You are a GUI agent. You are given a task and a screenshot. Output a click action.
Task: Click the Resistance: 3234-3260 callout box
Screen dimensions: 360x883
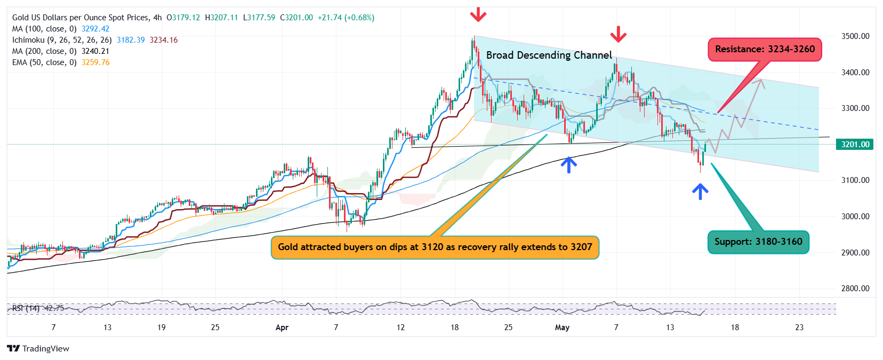[765, 49]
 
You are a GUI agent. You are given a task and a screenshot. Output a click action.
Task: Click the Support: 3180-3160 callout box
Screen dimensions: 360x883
[758, 242]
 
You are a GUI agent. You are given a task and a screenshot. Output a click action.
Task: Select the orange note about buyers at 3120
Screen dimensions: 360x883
[435, 247]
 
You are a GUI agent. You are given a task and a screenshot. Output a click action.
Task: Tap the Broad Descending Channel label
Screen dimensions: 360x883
[549, 55]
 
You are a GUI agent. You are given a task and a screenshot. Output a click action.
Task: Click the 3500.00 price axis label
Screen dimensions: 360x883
[855, 36]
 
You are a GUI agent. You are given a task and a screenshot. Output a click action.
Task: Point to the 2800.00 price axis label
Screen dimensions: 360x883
[855, 289]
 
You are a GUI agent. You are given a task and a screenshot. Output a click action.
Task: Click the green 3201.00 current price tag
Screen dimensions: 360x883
[855, 145]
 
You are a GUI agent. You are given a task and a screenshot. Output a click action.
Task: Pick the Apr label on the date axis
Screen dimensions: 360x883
[282, 327]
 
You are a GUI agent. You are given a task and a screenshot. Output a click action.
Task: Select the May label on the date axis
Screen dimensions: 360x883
[562, 327]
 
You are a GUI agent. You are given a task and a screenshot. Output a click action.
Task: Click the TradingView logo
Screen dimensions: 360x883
[38, 348]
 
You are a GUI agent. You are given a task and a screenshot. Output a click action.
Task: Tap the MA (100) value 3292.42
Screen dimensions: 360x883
[95, 29]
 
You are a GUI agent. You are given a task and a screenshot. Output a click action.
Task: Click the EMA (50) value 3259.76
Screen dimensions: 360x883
[95, 62]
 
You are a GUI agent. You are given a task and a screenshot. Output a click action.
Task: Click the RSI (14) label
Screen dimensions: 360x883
[26, 308]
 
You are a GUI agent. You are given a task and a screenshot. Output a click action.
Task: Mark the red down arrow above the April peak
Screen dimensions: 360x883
[478, 14]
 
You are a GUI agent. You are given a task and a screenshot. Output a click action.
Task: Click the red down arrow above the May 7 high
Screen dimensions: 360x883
[618, 34]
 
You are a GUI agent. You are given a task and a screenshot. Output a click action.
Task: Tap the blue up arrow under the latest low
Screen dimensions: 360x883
[700, 191]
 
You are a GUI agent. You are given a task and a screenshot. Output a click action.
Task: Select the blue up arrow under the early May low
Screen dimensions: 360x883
[569, 164]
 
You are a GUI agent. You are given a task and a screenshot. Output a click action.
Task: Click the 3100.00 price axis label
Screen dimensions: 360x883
[855, 180]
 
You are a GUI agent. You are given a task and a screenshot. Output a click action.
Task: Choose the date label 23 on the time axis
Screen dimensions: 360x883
[799, 327]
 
